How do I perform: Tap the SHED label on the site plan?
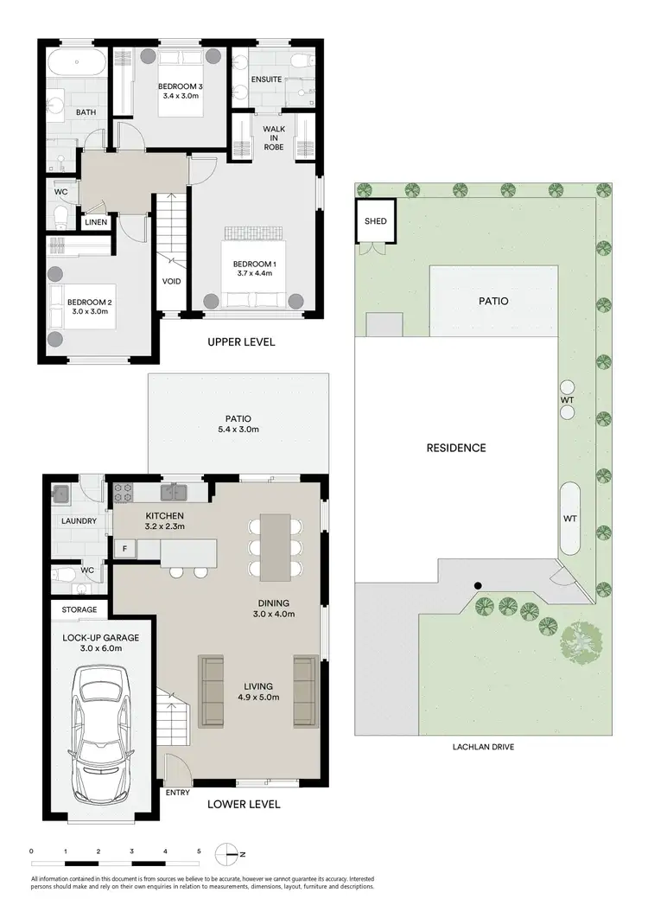tap(375, 221)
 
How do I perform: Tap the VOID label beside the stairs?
tap(171, 281)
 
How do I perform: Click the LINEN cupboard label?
tap(96, 223)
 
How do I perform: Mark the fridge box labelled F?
tap(125, 549)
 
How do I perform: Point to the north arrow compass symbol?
tap(228, 854)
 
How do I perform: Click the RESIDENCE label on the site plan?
tap(456, 448)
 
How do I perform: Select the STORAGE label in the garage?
tap(79, 610)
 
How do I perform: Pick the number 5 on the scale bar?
tap(199, 851)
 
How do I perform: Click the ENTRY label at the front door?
tap(177, 790)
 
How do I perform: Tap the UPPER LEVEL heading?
tap(241, 342)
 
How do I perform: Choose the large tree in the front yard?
tap(577, 641)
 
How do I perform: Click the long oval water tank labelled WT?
tap(570, 518)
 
